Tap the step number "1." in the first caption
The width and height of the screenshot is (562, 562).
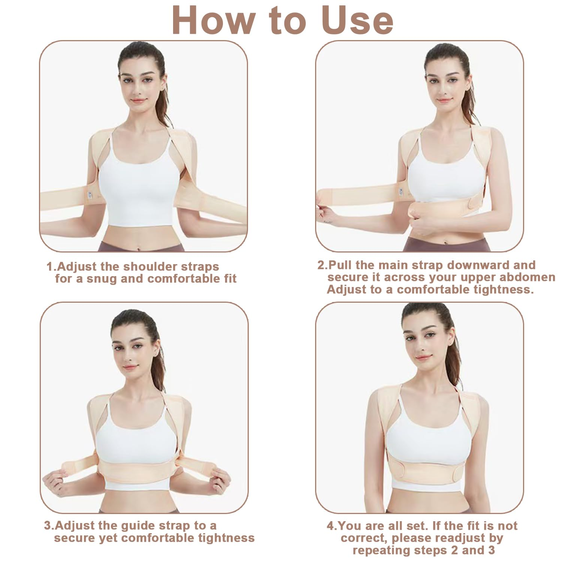[x=51, y=267]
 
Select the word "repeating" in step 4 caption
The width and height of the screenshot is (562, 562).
[x=383, y=550]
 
